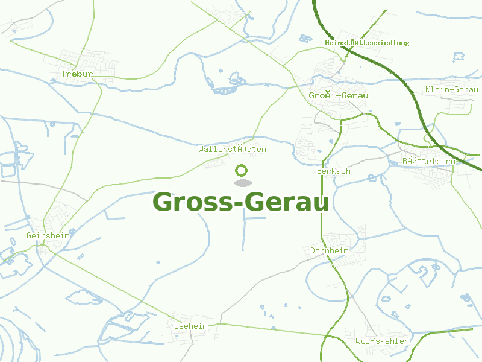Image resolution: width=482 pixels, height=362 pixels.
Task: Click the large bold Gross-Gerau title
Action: click(241, 202)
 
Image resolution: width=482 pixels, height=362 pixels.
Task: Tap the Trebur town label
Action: click(77, 74)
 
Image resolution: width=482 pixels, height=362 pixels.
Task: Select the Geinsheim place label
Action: click(48, 235)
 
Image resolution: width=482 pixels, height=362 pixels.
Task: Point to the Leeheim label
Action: click(190, 326)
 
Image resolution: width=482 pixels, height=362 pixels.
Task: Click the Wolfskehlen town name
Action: click(382, 341)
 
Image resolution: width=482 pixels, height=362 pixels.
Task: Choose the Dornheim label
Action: click(330, 250)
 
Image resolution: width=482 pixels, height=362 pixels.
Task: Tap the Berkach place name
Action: click(334, 171)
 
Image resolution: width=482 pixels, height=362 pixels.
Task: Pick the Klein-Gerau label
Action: click(451, 89)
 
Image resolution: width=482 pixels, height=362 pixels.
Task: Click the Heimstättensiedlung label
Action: click(367, 43)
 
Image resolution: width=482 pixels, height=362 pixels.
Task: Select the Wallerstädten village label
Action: click(233, 149)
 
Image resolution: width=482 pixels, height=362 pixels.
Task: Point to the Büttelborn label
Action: click(428, 162)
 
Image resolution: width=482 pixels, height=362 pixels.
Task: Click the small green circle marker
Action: click(242, 170)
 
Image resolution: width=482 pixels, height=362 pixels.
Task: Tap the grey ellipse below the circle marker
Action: click(242, 183)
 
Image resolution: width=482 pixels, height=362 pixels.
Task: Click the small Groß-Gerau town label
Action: click(339, 95)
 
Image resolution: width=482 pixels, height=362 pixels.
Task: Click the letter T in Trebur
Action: click(63, 74)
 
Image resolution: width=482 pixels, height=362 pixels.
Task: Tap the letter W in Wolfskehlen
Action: click(358, 341)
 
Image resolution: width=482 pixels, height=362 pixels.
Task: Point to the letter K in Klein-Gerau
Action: click(428, 89)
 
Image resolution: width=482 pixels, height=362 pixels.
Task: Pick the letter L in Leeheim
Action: click(176, 326)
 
